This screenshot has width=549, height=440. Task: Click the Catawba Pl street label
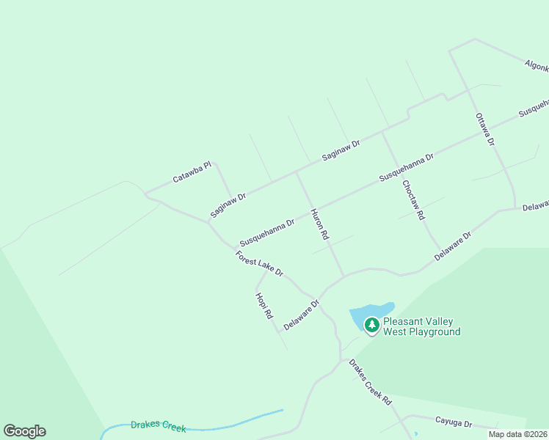click(x=192, y=172)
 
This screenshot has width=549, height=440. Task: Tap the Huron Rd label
click(x=319, y=225)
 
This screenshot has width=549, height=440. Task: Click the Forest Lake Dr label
click(x=259, y=263)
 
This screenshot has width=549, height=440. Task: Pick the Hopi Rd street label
click(x=264, y=305)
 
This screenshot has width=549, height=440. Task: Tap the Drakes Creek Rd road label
click(x=371, y=382)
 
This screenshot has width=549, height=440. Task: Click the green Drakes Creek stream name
click(x=158, y=425)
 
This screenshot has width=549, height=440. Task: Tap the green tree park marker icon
click(x=372, y=325)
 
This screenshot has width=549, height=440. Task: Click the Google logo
click(x=24, y=431)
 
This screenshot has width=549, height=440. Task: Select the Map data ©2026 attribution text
click(x=517, y=434)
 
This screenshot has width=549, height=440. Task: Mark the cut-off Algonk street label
click(x=537, y=65)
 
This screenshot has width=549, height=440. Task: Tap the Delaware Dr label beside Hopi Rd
click(x=302, y=315)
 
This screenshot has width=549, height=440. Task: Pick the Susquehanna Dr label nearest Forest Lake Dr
click(x=266, y=232)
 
